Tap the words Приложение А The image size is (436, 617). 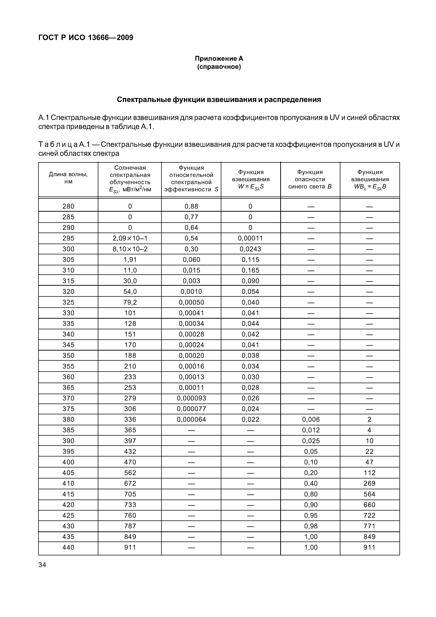(x=219, y=59)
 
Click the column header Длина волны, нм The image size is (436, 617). (x=68, y=178)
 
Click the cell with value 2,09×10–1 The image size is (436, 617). (x=130, y=238)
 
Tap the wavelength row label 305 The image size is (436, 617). (x=68, y=260)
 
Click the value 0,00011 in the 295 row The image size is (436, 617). (x=250, y=238)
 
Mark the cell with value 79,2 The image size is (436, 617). (x=130, y=302)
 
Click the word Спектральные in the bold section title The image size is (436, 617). (x=144, y=100)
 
